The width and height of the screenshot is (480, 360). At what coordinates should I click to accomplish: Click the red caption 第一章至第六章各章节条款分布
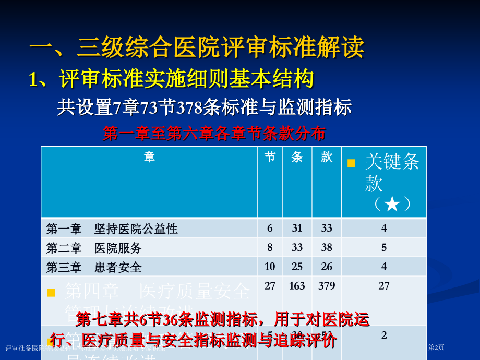(x=214, y=134)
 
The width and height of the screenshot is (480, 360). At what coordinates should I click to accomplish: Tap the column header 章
(x=149, y=157)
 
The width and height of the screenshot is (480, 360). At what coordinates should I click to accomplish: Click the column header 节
(x=270, y=157)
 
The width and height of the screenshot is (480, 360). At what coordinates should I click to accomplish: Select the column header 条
(x=297, y=157)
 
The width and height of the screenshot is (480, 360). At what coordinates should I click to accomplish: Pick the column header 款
(x=327, y=157)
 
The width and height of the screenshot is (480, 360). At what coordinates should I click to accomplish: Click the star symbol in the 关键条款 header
(x=392, y=204)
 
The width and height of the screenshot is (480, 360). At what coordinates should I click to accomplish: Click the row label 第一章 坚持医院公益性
(x=112, y=229)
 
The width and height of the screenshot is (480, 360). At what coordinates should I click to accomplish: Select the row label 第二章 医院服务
(x=94, y=248)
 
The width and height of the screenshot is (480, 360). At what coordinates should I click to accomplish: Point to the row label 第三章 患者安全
(x=94, y=267)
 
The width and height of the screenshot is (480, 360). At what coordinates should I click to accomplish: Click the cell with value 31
(x=297, y=228)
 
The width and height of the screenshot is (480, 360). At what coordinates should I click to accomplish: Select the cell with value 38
(x=327, y=247)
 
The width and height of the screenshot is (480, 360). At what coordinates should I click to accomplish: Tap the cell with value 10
(x=270, y=267)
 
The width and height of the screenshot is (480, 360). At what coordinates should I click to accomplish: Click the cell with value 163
(x=297, y=286)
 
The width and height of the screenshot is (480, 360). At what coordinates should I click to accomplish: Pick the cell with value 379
(x=327, y=286)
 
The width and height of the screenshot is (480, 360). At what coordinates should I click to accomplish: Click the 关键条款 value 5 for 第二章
(x=384, y=247)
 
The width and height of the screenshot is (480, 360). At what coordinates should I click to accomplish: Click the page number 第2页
(x=436, y=347)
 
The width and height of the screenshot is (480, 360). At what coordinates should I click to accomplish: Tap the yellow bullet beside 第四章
(x=51, y=293)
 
